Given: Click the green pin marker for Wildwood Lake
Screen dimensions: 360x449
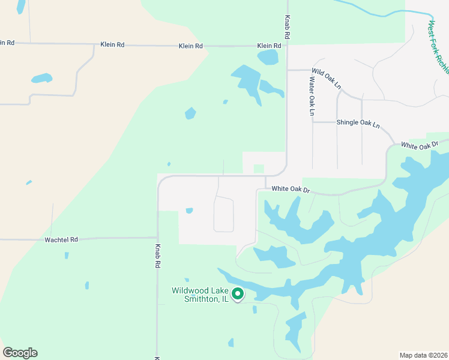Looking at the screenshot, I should pos(238,294).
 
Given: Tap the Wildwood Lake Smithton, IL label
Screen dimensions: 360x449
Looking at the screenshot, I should pos(199,295).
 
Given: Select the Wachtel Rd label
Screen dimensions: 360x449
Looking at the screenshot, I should pos(61,239).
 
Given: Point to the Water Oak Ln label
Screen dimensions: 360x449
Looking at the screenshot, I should pos(312,95).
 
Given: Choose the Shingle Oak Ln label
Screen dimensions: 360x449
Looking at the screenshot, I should pos(358,123).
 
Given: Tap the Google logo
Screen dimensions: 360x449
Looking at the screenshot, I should pos(20,353).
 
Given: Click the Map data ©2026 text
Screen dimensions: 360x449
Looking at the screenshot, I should pos(423,355).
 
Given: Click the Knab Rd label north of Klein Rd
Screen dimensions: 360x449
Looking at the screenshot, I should pos(288,28).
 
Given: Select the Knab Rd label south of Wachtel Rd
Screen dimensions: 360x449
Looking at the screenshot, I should pos(158,256).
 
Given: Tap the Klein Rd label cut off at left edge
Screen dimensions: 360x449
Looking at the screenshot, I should pos(7,43).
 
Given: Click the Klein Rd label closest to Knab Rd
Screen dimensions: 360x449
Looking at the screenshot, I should pos(269,46).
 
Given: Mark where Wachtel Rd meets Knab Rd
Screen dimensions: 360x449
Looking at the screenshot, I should pos(158,238).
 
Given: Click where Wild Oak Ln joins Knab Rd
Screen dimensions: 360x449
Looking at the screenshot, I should pos(287,70).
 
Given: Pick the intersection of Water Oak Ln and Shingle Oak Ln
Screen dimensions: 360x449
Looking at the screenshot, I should pos(313,122).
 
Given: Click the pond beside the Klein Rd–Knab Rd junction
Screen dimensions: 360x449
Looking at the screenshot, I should pos(268,57).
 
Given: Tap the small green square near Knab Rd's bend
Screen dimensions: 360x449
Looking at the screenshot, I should pos(259,169).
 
